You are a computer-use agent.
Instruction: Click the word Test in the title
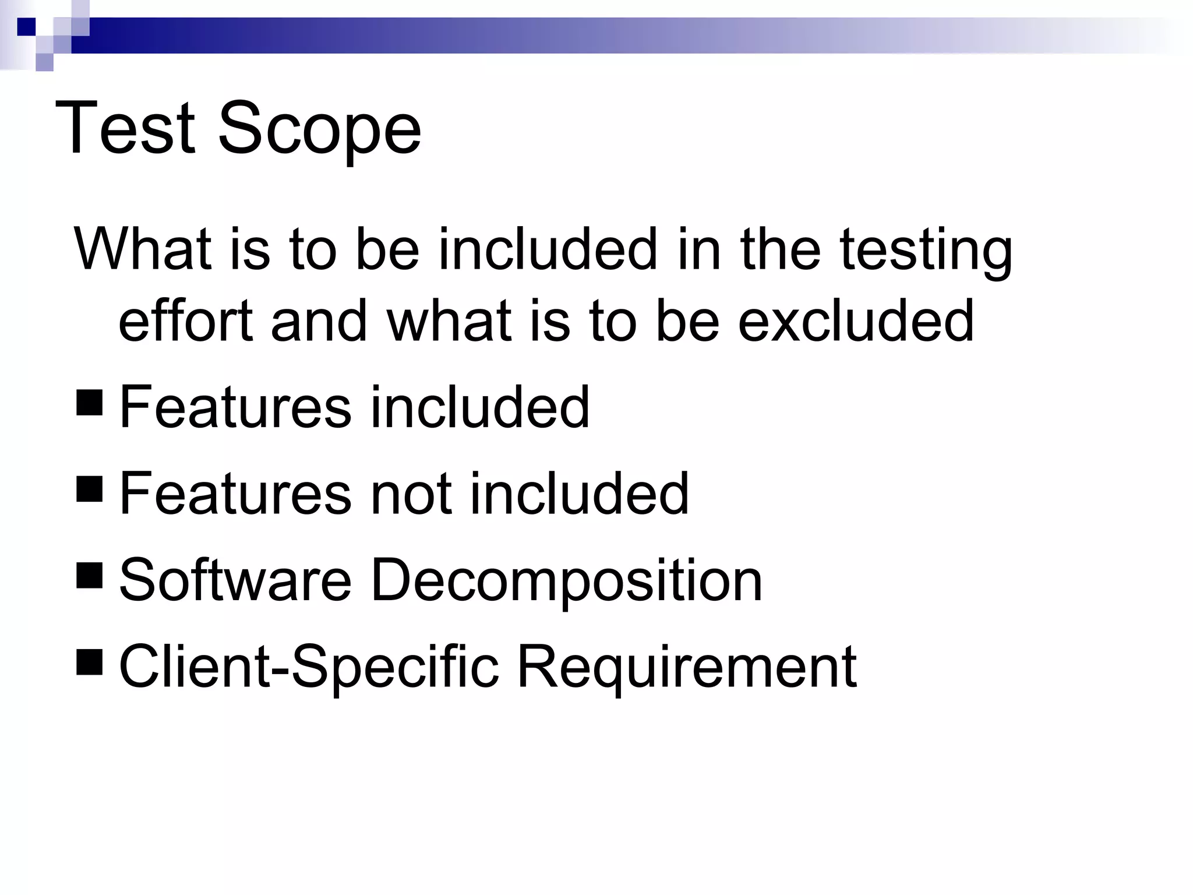tap(125, 128)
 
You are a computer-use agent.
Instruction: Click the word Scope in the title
tap(319, 129)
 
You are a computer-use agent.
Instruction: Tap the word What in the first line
tap(143, 249)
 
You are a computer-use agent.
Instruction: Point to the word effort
tap(186, 320)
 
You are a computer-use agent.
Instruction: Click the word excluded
tap(856, 320)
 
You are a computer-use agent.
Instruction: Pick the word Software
tap(235, 580)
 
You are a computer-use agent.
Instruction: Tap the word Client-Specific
tap(309, 667)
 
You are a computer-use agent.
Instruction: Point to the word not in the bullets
tap(411, 494)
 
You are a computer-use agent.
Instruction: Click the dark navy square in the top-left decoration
tap(26, 27)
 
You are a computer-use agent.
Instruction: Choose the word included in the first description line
tap(548, 249)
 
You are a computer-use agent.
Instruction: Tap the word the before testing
tap(780, 249)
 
